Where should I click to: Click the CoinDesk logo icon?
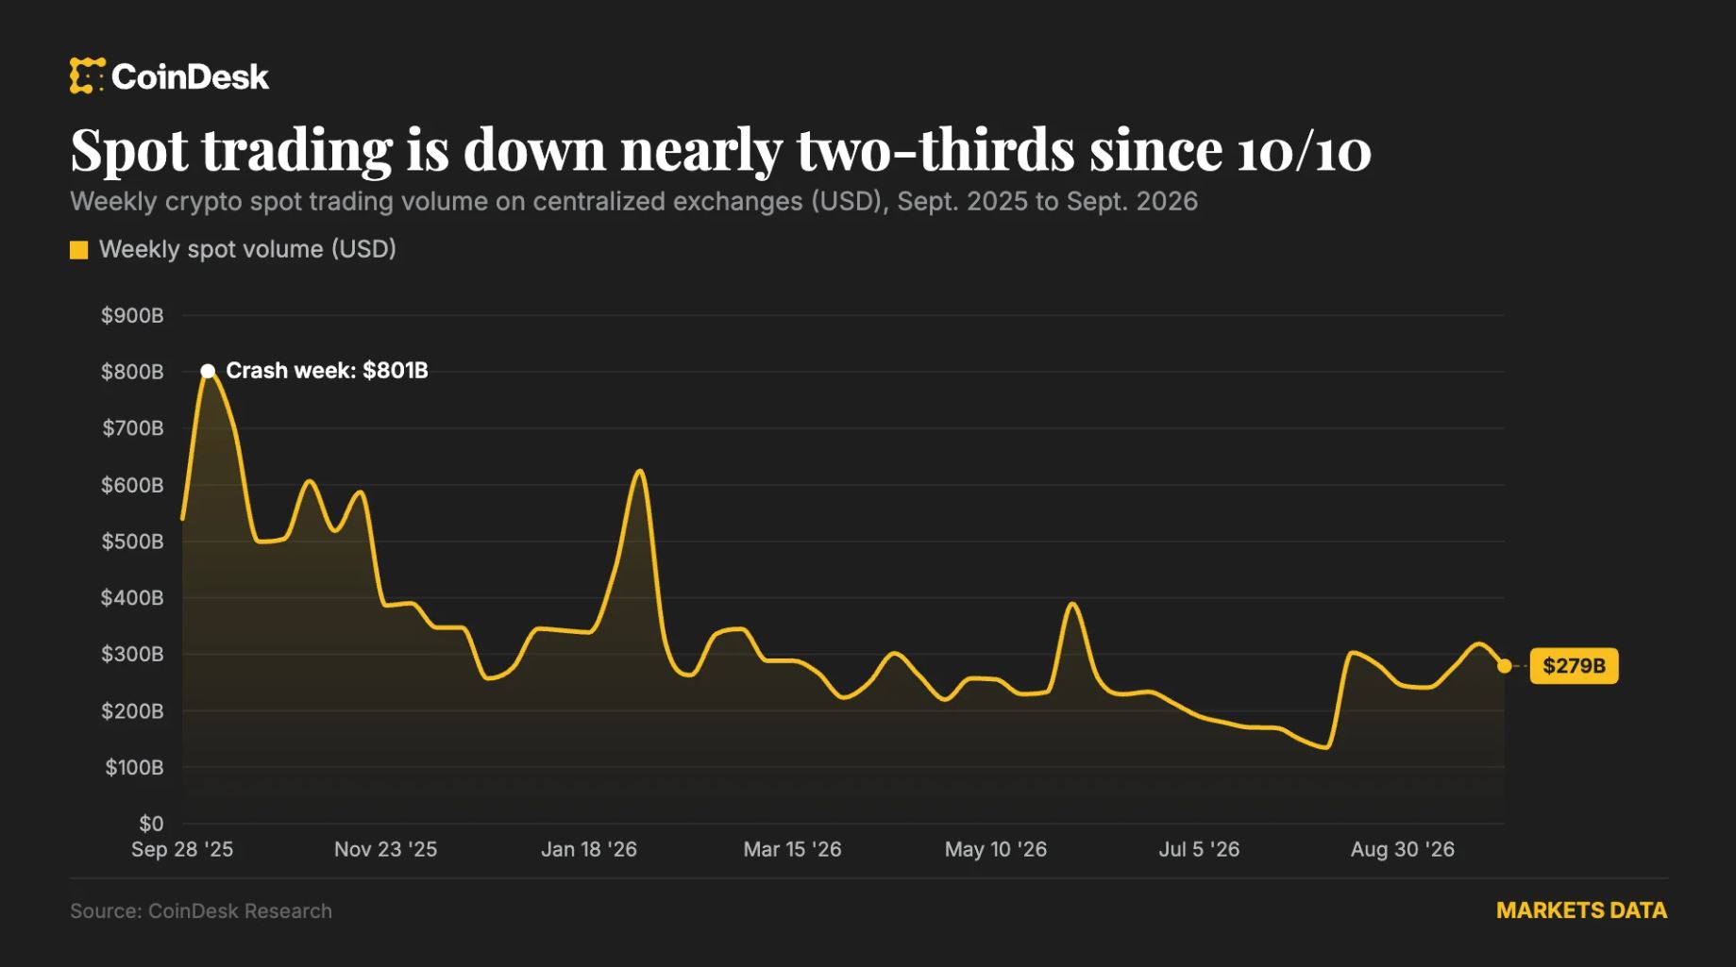[87, 75]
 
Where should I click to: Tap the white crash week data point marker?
[208, 371]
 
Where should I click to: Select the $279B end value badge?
[1574, 666]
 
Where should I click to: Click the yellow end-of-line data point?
[1504, 666]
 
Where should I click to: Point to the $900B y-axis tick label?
[132, 315]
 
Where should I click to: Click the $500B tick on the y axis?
[132, 542]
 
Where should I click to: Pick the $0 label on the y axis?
[151, 824]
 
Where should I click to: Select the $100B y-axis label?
[134, 767]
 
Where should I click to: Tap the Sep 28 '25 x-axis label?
[182, 849]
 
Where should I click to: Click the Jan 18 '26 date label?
[589, 849]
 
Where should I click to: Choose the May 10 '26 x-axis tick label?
[996, 849]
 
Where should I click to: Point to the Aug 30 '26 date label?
[1403, 849]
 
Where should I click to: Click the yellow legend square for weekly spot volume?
[79, 250]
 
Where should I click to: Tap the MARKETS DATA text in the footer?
[1581, 910]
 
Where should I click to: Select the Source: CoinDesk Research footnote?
[201, 911]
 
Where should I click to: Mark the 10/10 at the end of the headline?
[1304, 151]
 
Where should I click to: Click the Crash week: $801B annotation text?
[327, 371]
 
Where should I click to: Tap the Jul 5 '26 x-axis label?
[1199, 849]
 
